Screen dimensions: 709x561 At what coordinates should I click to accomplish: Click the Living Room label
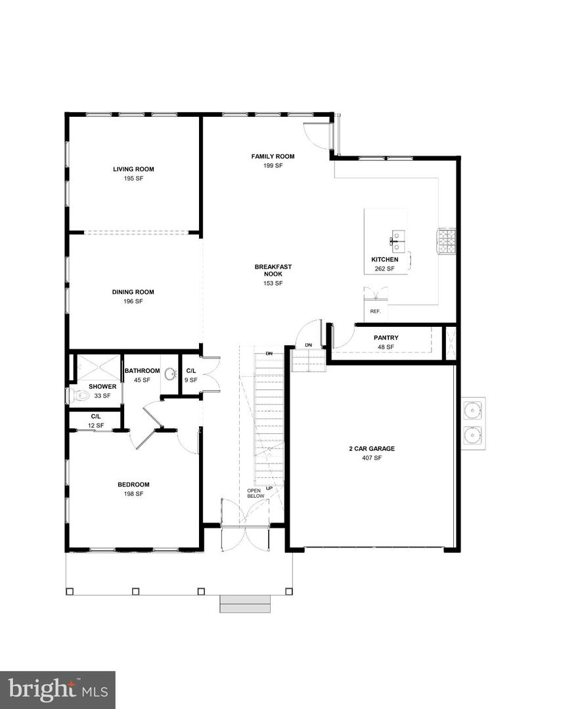click(133, 169)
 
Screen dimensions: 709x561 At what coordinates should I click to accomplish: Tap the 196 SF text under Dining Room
click(133, 301)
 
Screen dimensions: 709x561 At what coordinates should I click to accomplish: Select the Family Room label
click(273, 156)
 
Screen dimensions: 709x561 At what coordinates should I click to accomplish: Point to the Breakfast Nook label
click(273, 270)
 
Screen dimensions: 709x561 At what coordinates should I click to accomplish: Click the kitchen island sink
click(398, 238)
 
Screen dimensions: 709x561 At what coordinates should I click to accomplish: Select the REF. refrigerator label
click(376, 311)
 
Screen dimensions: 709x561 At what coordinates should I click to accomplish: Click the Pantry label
click(386, 338)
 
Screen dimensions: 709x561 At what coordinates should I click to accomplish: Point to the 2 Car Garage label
click(372, 449)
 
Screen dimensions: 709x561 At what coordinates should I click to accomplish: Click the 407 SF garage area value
click(372, 458)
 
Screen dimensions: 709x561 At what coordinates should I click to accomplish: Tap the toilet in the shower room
click(78, 395)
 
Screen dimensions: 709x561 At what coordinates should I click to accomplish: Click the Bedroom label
click(133, 484)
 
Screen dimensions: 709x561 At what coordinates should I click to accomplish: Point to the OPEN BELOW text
click(256, 494)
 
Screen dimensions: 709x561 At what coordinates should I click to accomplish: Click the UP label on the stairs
click(269, 488)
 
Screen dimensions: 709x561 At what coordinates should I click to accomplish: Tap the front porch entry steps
click(245, 603)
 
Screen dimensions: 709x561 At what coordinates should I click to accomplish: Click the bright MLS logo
click(58, 689)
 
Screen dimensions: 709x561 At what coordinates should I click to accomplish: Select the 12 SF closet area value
click(96, 426)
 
